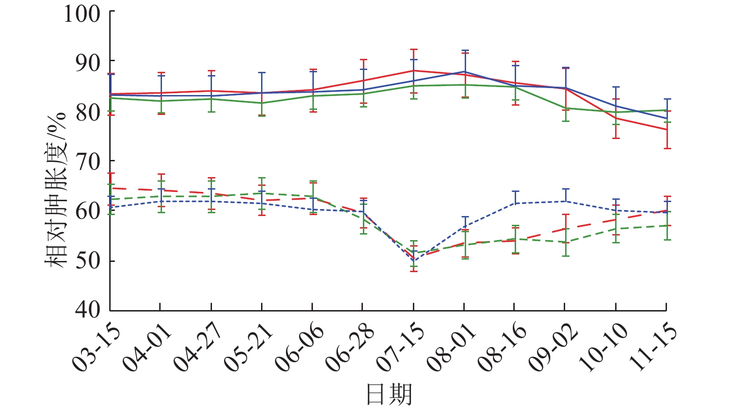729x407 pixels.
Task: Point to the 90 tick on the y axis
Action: [x=88, y=63]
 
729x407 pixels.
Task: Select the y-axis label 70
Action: [x=88, y=162]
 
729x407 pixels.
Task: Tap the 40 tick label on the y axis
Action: [x=88, y=310]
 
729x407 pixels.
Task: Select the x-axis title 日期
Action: [x=389, y=394]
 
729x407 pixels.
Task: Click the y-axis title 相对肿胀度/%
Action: [x=56, y=190]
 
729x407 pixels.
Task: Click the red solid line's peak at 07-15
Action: [x=413, y=70]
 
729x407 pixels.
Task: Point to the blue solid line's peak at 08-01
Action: [x=464, y=72]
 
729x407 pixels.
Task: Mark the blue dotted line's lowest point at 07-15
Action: [x=413, y=261]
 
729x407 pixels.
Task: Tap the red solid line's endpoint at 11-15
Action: [x=666, y=129]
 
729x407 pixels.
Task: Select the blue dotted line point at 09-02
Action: [x=565, y=201]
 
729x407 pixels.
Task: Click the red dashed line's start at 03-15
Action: [x=110, y=188]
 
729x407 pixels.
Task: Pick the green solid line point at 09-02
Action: [x=565, y=108]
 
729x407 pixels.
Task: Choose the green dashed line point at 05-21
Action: [x=262, y=193]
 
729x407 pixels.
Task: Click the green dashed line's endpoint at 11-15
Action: [x=666, y=225]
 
